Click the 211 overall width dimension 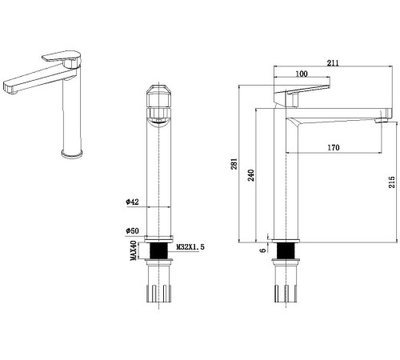333,63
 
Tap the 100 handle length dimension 302,74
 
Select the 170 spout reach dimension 334,147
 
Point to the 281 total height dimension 234,164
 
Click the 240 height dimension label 251,175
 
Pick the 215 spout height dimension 391,182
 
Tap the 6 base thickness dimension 263,250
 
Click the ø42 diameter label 132,202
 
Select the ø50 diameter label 132,230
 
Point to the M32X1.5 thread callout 190,247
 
